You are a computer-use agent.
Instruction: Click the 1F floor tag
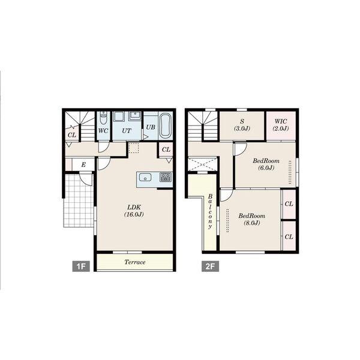tap(81, 266)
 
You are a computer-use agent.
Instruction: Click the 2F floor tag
tap(211, 266)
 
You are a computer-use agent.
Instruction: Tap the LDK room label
tap(134, 211)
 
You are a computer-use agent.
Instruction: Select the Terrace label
tap(135, 262)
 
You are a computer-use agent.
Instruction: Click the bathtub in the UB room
tap(166, 125)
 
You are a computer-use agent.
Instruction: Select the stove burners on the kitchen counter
tap(166, 177)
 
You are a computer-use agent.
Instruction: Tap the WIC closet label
tap(281, 125)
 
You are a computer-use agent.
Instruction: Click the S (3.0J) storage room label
tap(242, 125)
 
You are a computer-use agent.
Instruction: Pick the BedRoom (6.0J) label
tap(266, 164)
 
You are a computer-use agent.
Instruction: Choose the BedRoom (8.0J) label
tap(252, 219)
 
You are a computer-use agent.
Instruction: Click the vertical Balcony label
tap(210, 211)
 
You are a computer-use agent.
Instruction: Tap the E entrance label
tap(83, 164)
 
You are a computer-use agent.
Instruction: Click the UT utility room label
tap(127, 131)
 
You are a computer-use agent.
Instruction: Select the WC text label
tap(103, 131)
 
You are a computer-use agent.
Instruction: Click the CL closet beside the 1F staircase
tap(72, 135)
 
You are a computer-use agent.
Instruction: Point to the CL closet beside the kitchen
tap(166, 149)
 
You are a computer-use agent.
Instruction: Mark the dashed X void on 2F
tap(203, 164)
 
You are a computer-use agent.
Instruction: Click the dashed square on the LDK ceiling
tap(134, 148)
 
